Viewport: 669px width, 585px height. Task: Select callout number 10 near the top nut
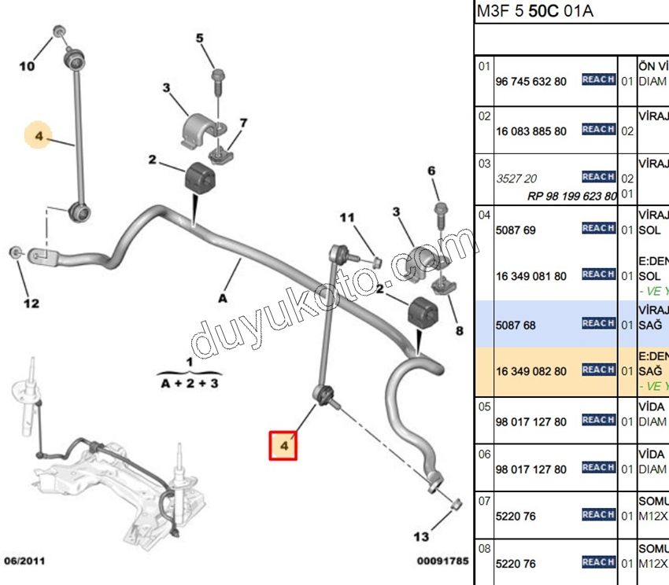pos(27,67)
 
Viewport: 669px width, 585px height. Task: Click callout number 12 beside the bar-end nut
pos(31,303)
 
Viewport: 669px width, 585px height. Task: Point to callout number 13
pos(422,537)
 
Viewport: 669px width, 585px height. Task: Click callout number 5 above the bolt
pos(199,38)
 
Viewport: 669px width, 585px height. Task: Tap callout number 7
pos(243,123)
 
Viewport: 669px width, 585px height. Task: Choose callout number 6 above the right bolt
pos(431,171)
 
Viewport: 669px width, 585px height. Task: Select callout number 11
pos(348,218)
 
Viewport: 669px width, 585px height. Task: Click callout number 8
pos(459,331)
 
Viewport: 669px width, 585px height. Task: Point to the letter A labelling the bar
pos(223,298)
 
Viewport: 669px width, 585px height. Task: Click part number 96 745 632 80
pos(531,81)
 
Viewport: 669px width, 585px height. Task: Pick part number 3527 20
pos(511,178)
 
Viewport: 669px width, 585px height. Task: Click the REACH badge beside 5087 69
pos(598,228)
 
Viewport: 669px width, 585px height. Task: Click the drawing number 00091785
pos(443,561)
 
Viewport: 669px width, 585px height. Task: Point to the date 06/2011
pos(26,561)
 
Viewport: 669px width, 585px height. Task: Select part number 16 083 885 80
pos(531,131)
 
